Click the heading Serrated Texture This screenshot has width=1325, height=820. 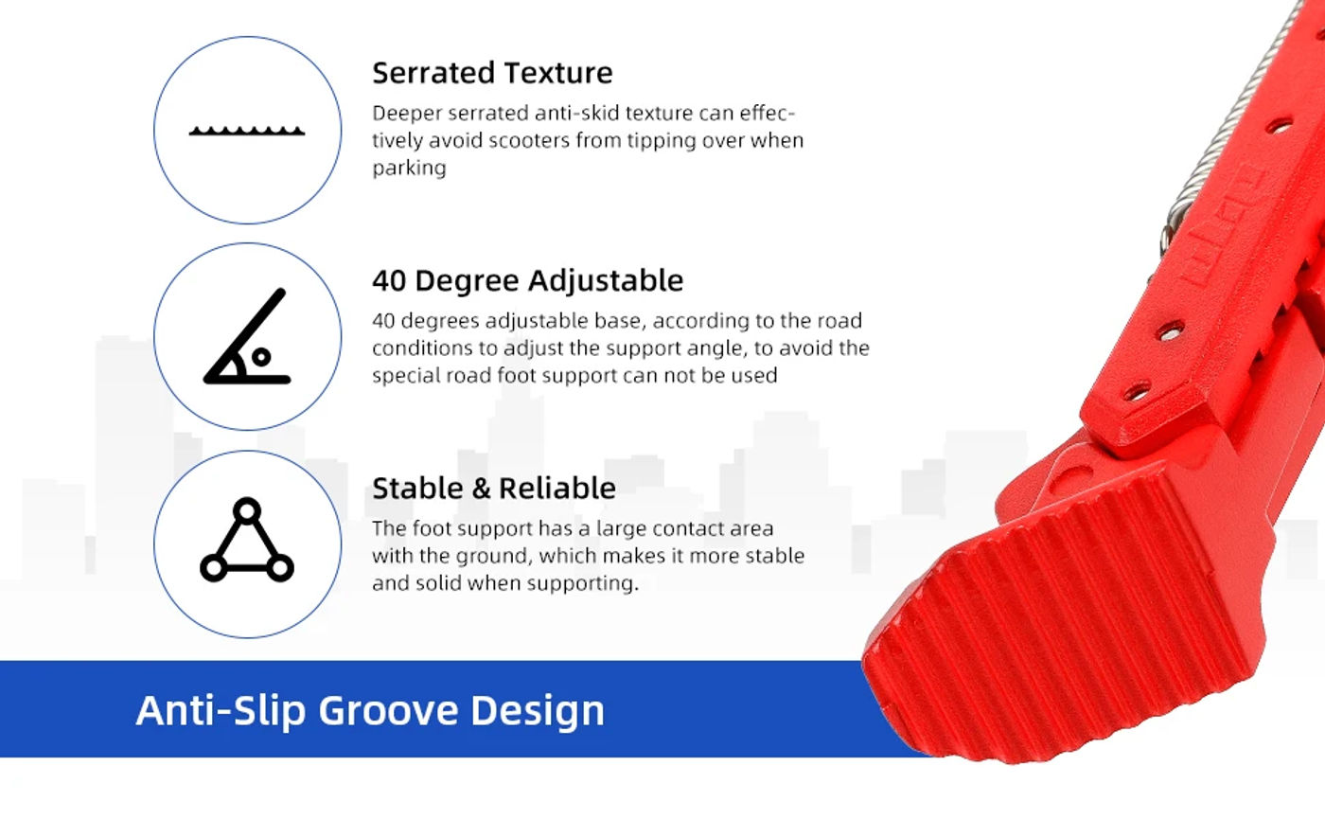click(x=492, y=73)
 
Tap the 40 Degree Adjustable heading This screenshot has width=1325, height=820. click(x=528, y=281)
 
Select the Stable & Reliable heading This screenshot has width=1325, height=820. click(x=494, y=489)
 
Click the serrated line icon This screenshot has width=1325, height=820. click(x=247, y=131)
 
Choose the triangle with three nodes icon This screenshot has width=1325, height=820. click(x=247, y=540)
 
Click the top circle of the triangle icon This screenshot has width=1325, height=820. click(x=247, y=510)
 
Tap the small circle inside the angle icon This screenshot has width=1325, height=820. click(x=261, y=357)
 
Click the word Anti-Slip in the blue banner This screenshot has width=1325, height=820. click(x=221, y=710)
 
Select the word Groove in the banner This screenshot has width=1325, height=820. click(x=388, y=710)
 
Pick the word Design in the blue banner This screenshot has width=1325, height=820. click(x=538, y=711)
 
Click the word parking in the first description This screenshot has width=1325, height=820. click(x=409, y=169)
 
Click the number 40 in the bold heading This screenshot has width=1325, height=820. click(x=389, y=281)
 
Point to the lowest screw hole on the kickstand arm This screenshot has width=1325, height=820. click(x=1137, y=391)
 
